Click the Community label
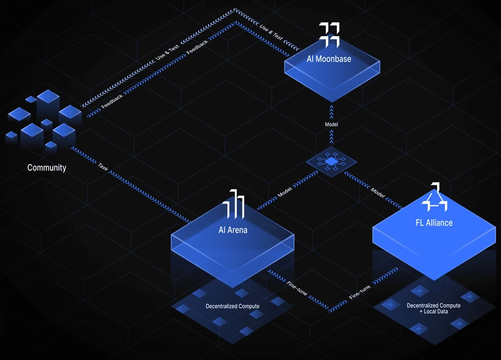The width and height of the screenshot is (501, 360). point(46,168)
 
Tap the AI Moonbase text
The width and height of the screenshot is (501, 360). point(329,59)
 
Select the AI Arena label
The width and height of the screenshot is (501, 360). point(233,230)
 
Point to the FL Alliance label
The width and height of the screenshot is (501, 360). point(434,223)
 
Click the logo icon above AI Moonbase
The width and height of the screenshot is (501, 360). point(329,35)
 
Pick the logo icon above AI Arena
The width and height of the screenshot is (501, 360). point(234,204)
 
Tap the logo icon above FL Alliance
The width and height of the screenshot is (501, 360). point(434,197)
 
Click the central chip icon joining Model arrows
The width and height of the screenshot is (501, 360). point(331,162)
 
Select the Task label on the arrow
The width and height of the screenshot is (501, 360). point(103,167)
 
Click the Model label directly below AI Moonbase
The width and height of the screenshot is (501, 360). point(331,124)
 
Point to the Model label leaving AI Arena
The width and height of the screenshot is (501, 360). point(285,192)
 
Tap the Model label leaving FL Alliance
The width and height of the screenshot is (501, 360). point(378,193)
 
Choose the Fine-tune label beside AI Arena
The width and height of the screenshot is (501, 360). point(297,289)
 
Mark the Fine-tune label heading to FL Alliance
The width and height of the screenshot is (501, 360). point(359,292)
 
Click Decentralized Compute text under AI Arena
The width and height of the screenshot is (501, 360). point(232,306)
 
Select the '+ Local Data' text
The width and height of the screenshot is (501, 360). point(433,311)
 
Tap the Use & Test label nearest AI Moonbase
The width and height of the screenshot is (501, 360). point(271,33)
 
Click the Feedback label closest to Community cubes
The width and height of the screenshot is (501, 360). point(112,101)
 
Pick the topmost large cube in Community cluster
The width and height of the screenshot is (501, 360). point(48,96)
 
